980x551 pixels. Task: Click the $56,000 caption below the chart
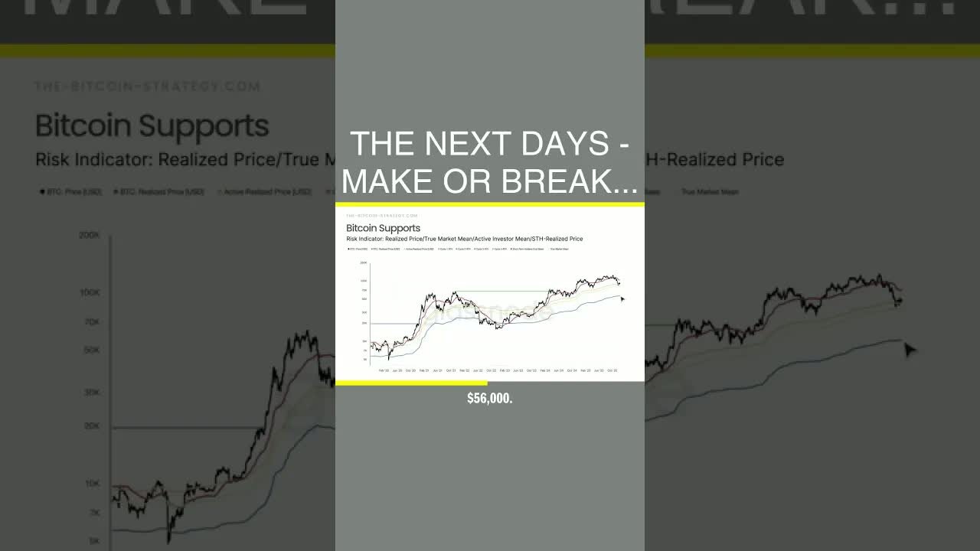pos(490,399)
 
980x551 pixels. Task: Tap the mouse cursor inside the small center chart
pos(622,299)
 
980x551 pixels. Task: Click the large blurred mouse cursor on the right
pos(910,350)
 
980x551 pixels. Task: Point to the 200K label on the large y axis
pos(89,236)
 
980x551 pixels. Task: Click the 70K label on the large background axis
pos(91,322)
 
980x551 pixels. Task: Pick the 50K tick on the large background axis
pos(91,350)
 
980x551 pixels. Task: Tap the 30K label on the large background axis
pos(91,393)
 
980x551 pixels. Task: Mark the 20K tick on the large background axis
pos(91,426)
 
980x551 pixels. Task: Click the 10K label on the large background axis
pos(91,484)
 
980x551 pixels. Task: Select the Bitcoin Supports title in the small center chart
pos(383,228)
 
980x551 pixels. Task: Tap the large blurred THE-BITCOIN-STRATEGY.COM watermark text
pos(147,86)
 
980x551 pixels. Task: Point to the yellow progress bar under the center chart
pos(411,383)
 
